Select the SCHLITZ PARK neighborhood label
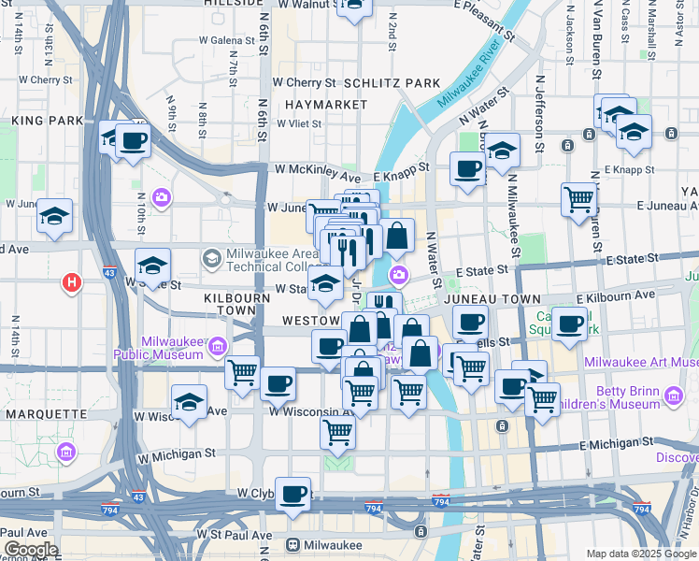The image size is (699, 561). [x=392, y=83]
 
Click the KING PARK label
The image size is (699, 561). [x=42, y=121]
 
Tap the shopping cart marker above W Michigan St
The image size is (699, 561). [x=337, y=432]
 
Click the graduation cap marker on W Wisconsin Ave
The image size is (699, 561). [x=190, y=404]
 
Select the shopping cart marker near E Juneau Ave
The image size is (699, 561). [x=579, y=198]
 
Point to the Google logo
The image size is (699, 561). [x=30, y=550]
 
